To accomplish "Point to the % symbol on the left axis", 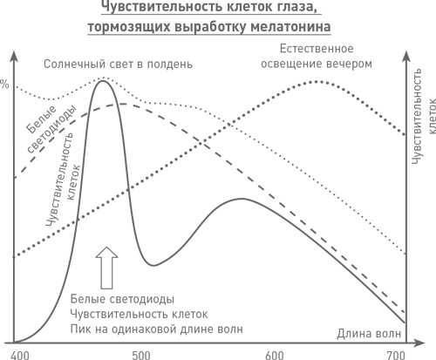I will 4,85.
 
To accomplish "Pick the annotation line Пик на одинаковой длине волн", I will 156,329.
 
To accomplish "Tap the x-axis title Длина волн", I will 369,334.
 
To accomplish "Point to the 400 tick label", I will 20,354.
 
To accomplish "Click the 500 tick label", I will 140,354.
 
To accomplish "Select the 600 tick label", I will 275,354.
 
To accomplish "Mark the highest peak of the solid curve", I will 105,81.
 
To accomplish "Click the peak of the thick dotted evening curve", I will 316,81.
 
